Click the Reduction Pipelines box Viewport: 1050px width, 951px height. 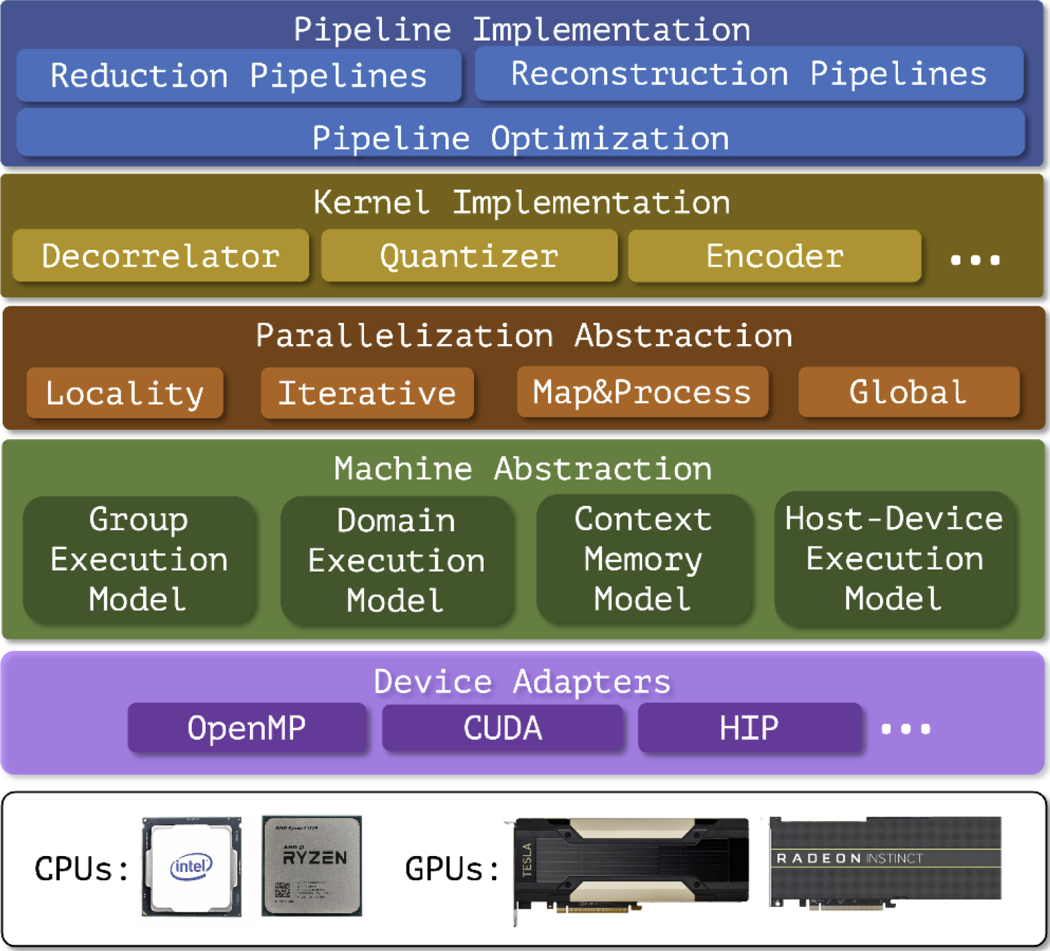click(239, 76)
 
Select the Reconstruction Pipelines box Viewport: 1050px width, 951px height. click(749, 74)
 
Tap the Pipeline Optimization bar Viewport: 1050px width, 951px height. click(520, 138)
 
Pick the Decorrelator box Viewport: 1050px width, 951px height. click(160, 256)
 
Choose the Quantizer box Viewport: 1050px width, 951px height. click(469, 256)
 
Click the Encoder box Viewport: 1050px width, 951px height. click(775, 256)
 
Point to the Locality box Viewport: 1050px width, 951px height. click(125, 393)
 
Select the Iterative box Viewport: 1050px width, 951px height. click(367, 393)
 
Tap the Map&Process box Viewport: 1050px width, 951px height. click(642, 392)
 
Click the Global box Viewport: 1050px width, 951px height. click(908, 392)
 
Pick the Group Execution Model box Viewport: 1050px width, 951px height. click(139, 559)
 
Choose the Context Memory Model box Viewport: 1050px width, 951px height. click(643, 559)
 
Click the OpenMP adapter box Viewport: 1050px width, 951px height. click(247, 728)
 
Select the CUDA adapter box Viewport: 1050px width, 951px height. click(503, 728)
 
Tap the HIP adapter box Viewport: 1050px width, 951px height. click(749, 728)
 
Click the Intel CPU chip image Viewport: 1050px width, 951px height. click(191, 866)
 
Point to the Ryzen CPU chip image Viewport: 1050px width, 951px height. click(312, 866)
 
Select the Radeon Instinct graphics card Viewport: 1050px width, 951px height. click(885, 862)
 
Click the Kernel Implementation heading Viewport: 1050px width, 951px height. click(522, 202)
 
